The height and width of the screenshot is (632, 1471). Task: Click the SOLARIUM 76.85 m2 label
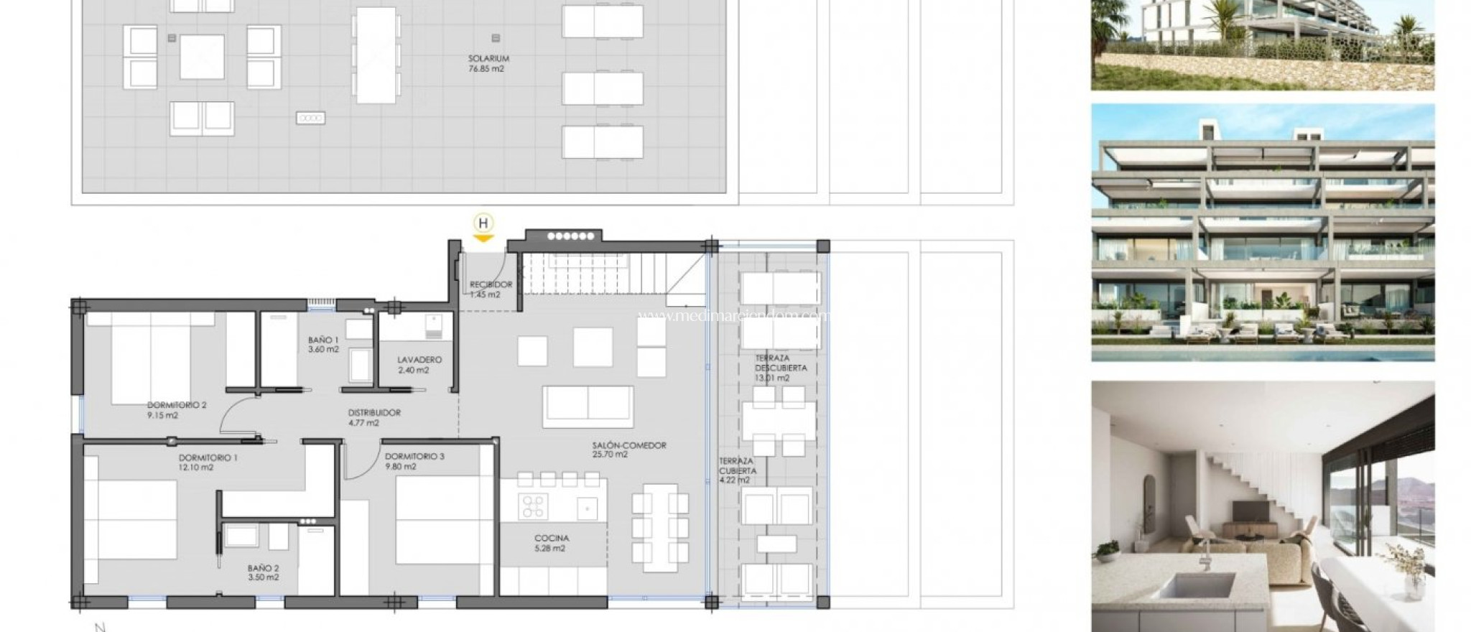pos(488,64)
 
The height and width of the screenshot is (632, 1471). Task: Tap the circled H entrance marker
pos(484,223)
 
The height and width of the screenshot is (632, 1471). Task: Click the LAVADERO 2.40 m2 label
pos(419,365)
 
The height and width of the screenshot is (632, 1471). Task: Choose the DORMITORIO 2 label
pos(177,410)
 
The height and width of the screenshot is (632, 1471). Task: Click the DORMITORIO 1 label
pos(208,463)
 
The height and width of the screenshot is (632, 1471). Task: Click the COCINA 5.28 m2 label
pos(552,543)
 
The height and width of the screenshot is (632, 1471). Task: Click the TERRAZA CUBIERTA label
pos(735,470)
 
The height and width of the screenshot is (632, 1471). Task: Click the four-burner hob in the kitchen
pos(533,506)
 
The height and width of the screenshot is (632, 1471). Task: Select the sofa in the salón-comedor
pos(588,406)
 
